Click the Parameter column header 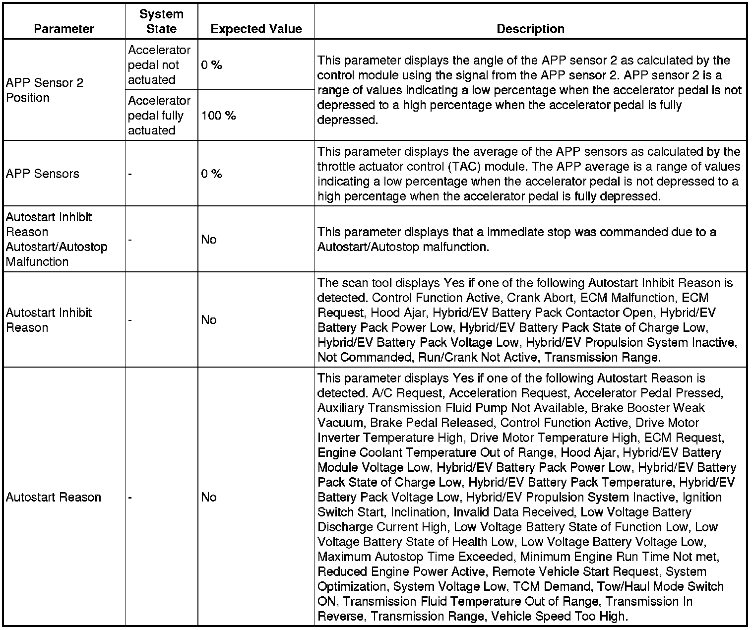pos(64,29)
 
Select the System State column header pos(161,21)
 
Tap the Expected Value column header pos(256,29)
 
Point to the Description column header pos(530,29)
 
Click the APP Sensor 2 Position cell pos(45,90)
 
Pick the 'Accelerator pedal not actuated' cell pos(159,65)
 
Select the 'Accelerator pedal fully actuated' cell pos(159,116)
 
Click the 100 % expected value pos(218,116)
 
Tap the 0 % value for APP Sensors pos(211,174)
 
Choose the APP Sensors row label pos(43,174)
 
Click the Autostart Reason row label pos(54,497)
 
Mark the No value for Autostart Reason pos(209,497)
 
